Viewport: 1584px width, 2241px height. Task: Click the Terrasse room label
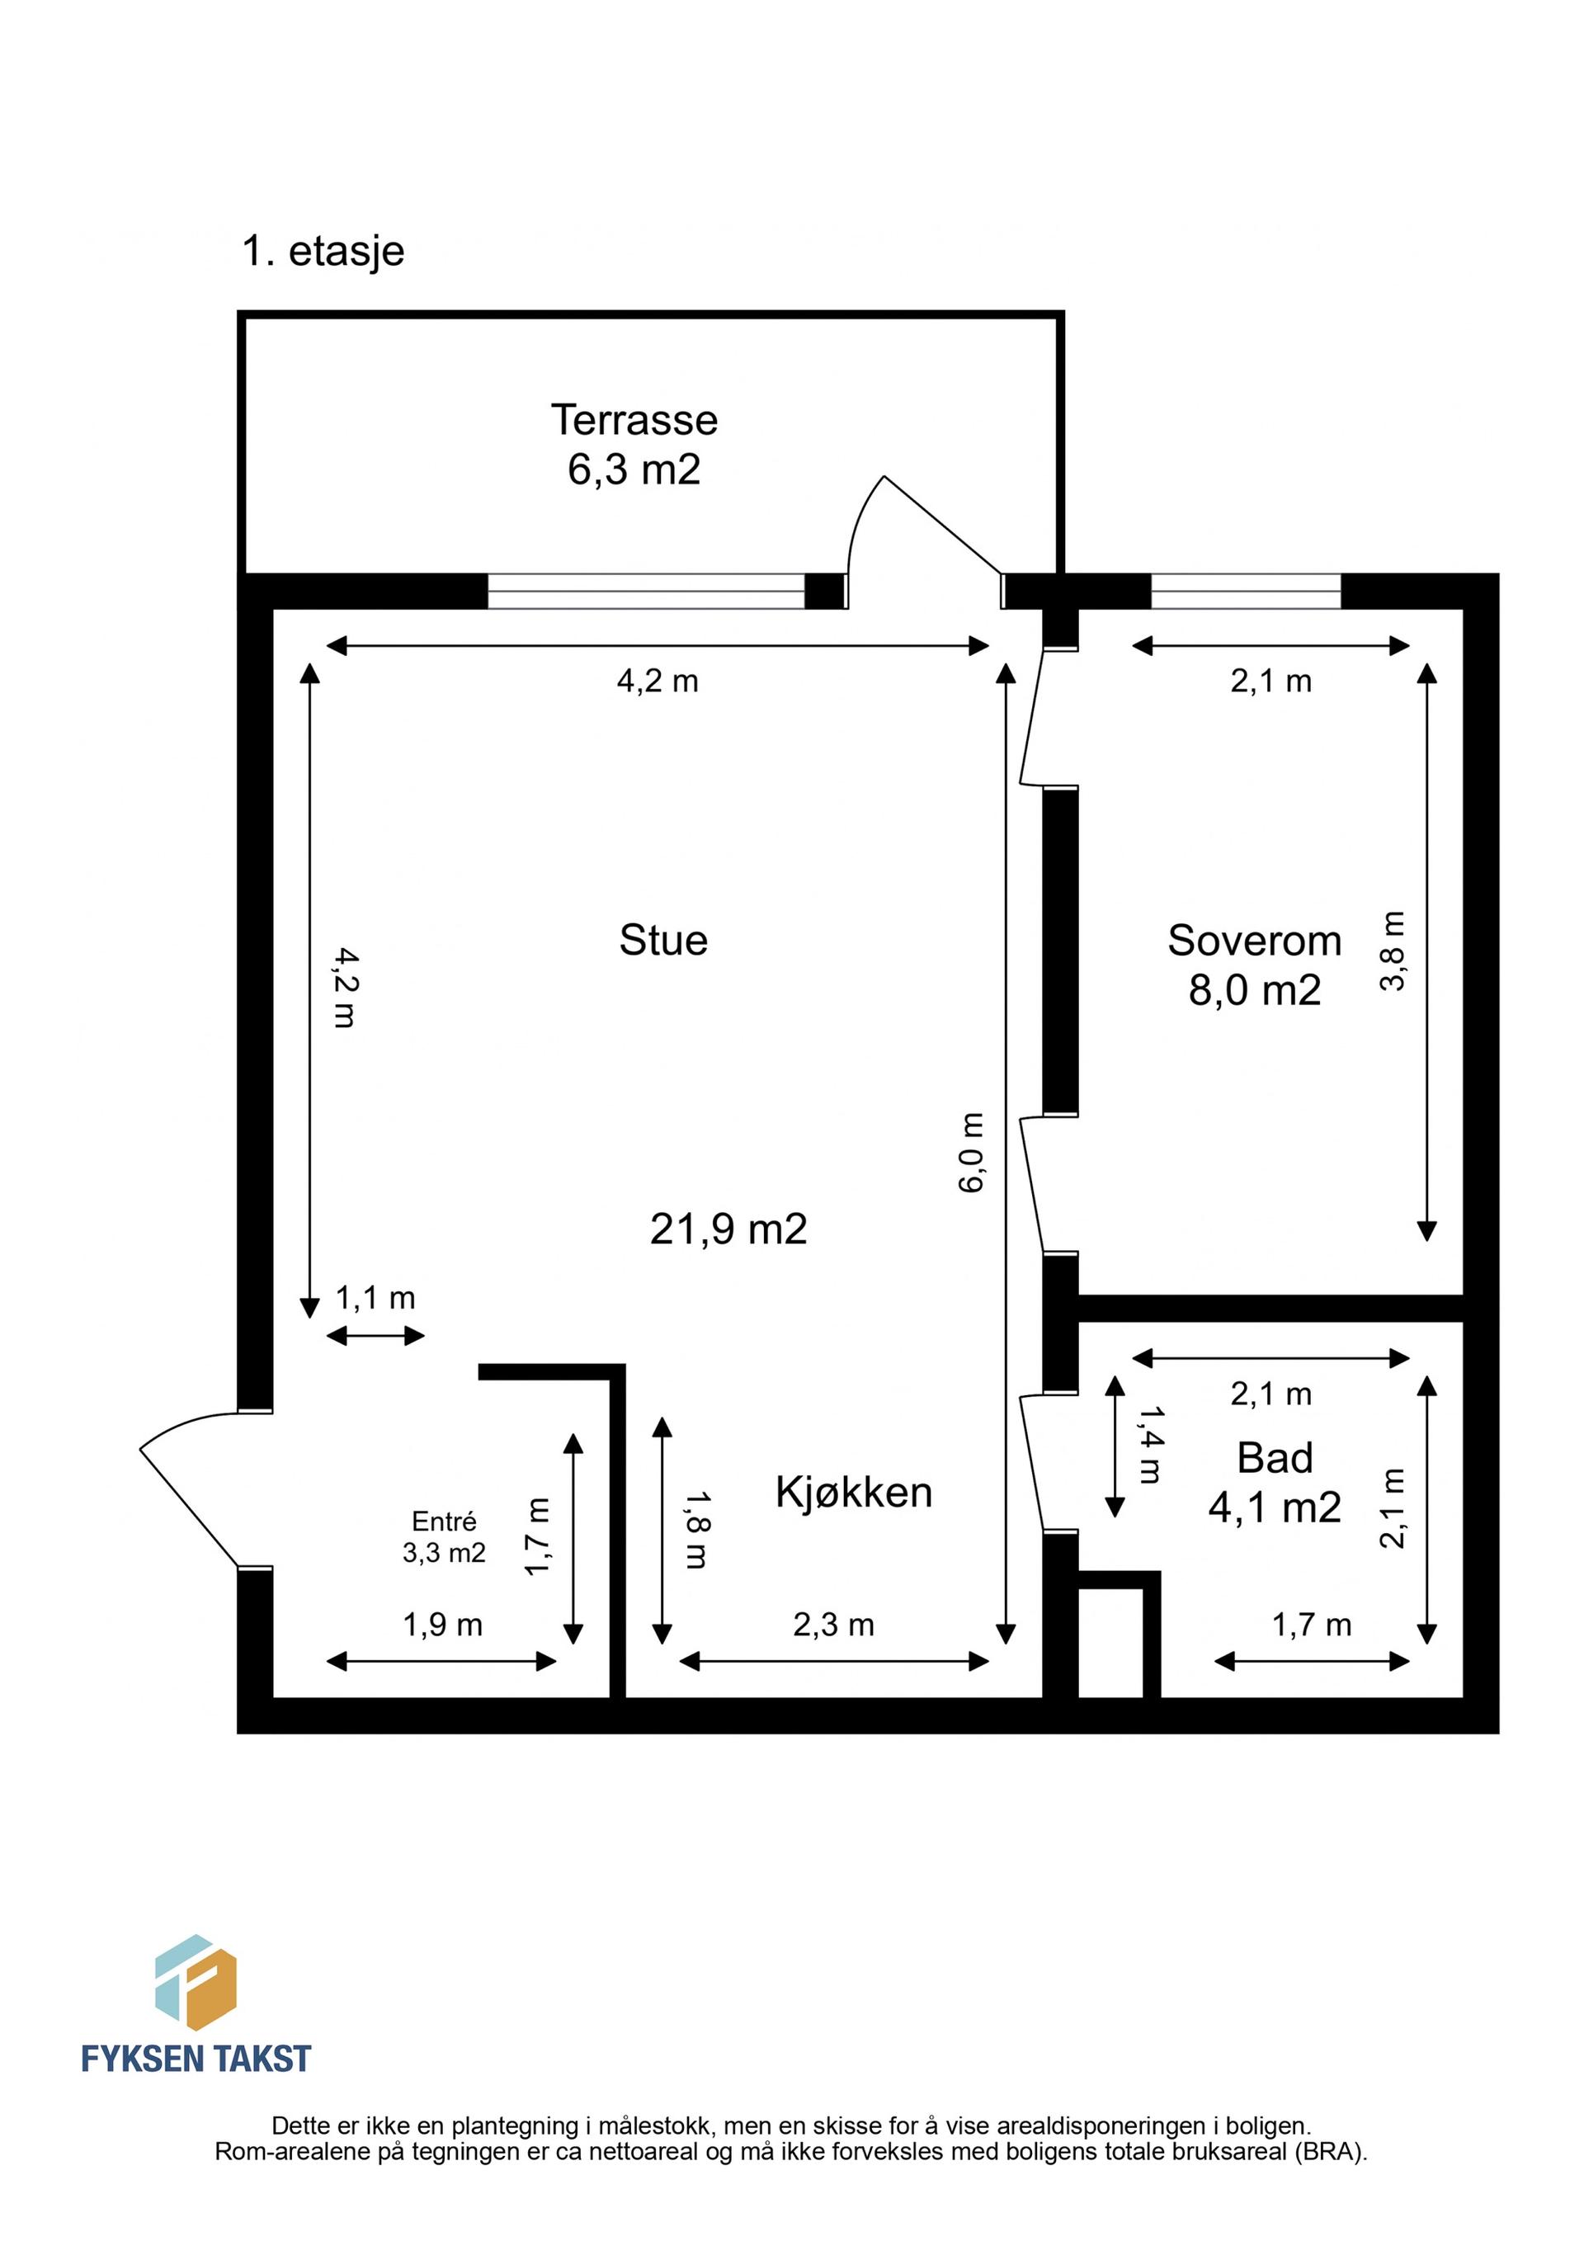click(634, 420)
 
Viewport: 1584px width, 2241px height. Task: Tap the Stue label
click(663, 940)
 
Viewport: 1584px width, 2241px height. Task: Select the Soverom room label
click(1255, 941)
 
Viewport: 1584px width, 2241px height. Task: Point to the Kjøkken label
click(854, 1493)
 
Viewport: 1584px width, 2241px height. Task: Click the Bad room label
click(1275, 1458)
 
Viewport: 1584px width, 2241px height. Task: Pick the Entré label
click(444, 1522)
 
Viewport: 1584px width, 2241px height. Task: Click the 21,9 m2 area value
click(729, 1229)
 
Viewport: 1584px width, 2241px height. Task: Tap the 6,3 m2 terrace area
click(634, 469)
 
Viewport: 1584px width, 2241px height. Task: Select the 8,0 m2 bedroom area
click(1255, 991)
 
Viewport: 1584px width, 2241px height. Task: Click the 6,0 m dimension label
click(971, 1153)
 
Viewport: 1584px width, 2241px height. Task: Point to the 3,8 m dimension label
click(1392, 951)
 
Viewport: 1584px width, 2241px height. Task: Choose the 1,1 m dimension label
click(375, 1298)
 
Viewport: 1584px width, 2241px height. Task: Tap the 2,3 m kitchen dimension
click(833, 1625)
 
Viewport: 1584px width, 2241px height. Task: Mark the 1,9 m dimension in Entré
click(443, 1625)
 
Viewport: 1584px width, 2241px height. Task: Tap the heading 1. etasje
click(323, 251)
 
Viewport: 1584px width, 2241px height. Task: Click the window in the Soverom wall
click(1247, 592)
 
